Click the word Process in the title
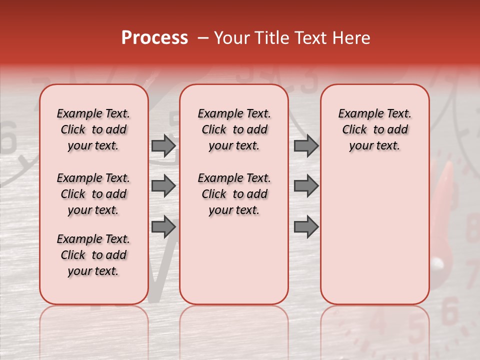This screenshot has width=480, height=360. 154,38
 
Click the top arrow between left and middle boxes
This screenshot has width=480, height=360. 163,145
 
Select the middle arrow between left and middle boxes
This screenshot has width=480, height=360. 163,186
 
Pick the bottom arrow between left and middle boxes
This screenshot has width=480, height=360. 163,227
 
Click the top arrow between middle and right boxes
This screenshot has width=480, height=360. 306,145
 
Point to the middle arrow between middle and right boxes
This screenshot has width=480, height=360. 306,186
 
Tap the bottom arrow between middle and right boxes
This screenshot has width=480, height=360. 306,227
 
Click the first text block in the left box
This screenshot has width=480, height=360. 93,129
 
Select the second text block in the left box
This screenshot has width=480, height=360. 93,194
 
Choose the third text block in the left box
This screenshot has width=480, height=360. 93,255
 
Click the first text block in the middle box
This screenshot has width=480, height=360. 234,129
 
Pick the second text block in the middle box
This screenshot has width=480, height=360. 234,194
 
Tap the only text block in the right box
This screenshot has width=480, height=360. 375,129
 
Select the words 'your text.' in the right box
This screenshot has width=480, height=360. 375,146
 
